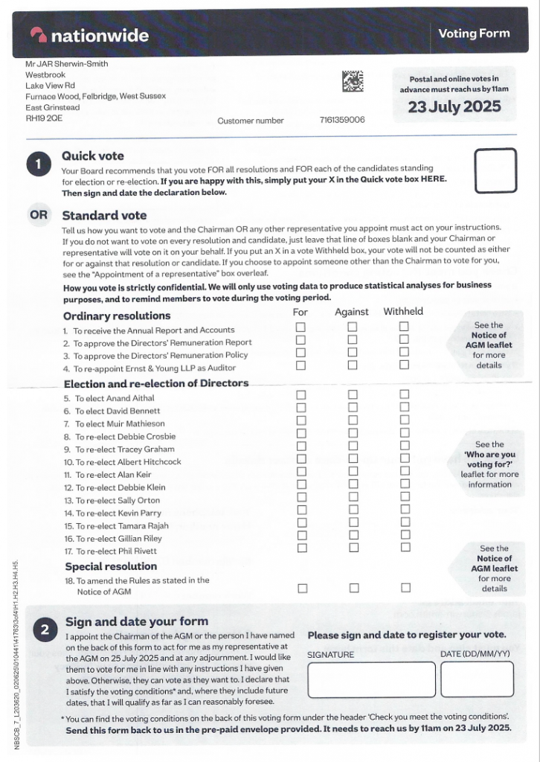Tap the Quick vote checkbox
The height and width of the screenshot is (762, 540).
(495, 170)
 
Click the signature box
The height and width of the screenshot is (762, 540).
(370, 679)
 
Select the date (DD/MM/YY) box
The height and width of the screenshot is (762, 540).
(477, 679)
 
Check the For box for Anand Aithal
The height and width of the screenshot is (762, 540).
(301, 395)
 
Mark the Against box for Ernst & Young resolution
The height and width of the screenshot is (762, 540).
(353, 365)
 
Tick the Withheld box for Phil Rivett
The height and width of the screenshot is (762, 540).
(405, 548)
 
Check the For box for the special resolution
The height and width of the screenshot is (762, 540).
(302, 588)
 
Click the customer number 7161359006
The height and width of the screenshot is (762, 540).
(342, 120)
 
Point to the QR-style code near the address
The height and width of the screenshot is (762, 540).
(353, 81)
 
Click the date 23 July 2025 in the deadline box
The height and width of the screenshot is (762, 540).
(454, 106)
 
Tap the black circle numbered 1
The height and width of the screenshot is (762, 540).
(39, 164)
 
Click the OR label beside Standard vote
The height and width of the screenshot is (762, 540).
(38, 216)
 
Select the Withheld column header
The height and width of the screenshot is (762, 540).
(403, 312)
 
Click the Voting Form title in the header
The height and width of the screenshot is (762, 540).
(474, 33)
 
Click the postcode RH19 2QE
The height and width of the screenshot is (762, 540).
(45, 118)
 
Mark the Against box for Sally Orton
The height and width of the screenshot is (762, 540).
(353, 497)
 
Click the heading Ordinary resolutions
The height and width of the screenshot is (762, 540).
(117, 316)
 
